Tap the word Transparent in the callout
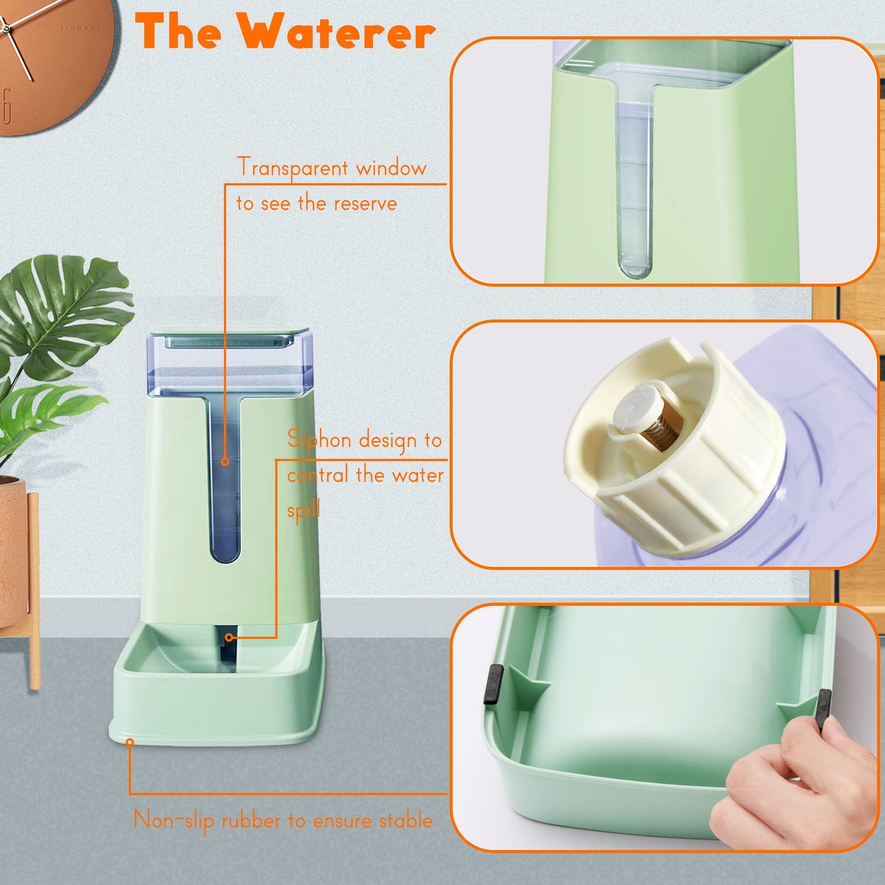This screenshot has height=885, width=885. (x=292, y=168)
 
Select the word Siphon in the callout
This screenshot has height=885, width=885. (x=319, y=439)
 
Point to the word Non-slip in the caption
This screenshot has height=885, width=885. (x=173, y=820)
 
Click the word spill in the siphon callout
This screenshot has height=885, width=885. (x=304, y=510)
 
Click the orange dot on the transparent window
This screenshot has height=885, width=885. (x=225, y=461)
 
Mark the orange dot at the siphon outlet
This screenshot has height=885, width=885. (x=228, y=638)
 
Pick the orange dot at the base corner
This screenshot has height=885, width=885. (x=130, y=742)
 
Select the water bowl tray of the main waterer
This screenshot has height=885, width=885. (x=217, y=686)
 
